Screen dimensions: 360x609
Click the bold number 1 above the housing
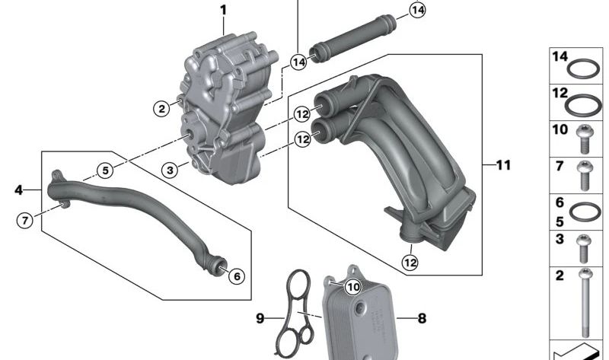click(x=224, y=10)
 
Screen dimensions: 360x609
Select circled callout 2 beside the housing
click(x=161, y=109)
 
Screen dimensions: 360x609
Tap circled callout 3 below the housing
click(x=171, y=169)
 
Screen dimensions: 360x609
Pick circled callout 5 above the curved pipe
click(x=104, y=170)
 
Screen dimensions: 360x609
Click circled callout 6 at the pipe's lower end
click(x=236, y=276)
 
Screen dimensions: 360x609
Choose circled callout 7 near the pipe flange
click(x=25, y=221)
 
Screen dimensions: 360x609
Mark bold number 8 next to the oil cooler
click(x=422, y=319)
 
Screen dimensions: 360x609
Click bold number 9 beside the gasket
click(x=260, y=318)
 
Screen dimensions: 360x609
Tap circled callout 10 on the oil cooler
click(x=352, y=287)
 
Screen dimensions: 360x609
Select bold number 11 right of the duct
click(x=503, y=164)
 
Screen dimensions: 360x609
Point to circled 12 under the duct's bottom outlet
click(x=410, y=263)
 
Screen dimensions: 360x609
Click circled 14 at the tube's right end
click(x=417, y=10)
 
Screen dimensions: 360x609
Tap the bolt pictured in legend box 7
click(x=585, y=175)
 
